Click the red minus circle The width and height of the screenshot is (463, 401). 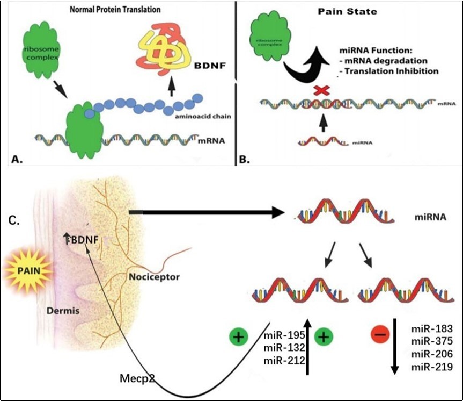point(380,335)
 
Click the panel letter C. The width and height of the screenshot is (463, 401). point(15,220)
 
